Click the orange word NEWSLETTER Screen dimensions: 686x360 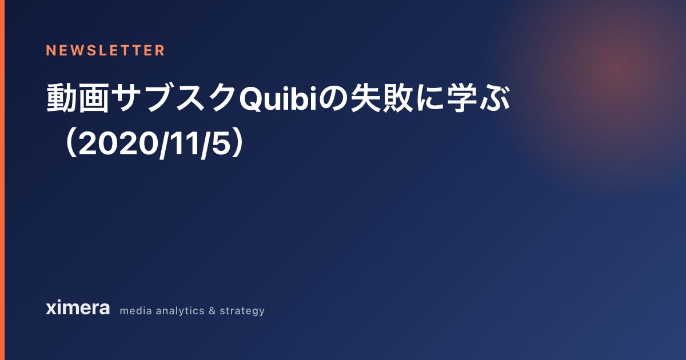pos(105,50)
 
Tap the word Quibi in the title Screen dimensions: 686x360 pos(278,98)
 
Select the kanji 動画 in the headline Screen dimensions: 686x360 pos(78,98)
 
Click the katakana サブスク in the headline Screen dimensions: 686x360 pos(174,98)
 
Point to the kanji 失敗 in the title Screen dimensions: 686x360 pos(382,98)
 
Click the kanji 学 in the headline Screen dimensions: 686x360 pos(462,98)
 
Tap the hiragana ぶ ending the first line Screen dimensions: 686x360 pos(494,97)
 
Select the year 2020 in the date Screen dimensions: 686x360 pos(119,143)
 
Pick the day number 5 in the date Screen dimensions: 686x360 pos(221,143)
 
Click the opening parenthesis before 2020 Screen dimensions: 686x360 pos(71,143)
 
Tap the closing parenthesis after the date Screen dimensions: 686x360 pos(238,143)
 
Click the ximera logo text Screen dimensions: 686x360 pos(78,307)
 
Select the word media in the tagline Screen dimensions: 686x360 pos(135,311)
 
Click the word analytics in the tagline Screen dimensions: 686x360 pos(180,311)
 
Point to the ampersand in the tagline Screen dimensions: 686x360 pos(212,311)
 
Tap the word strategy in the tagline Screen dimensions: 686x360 pos(242,311)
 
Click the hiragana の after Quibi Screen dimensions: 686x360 pos(333,98)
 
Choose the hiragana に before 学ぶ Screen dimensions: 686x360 pos(430,98)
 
